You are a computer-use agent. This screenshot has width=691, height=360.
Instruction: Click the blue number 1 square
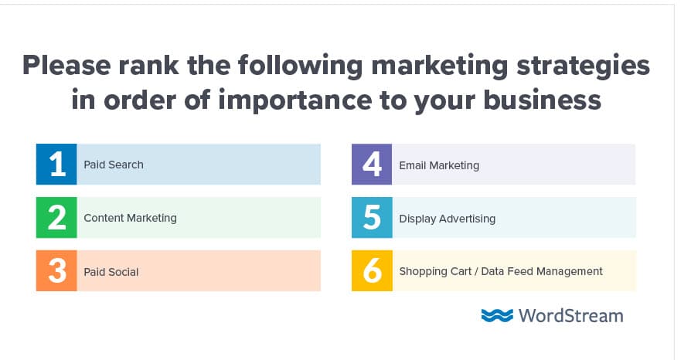(56, 165)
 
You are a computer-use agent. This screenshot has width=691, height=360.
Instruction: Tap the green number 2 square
(56, 218)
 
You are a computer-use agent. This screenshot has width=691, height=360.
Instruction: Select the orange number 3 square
(56, 270)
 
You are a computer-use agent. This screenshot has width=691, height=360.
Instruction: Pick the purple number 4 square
(372, 165)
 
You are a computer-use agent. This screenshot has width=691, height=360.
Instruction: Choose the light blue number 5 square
(372, 218)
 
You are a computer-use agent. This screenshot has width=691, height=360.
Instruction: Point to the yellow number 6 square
(372, 270)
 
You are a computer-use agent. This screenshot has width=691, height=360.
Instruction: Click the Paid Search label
(114, 165)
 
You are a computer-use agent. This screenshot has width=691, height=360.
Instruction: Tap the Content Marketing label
(131, 218)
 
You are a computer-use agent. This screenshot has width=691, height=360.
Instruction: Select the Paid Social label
(111, 272)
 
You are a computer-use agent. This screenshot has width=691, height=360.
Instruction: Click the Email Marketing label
(439, 165)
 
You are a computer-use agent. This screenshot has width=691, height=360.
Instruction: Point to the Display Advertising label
(448, 219)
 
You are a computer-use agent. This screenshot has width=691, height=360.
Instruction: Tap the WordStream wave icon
(497, 315)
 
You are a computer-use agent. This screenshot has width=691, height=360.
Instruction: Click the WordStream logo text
(570, 316)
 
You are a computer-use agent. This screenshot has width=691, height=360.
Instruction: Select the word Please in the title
(66, 66)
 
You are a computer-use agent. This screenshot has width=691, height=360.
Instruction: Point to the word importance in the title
(295, 100)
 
